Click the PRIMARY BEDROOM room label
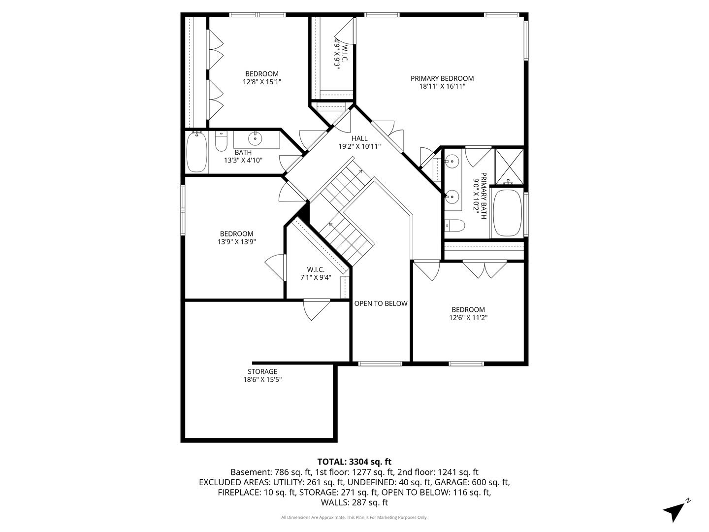click(442, 78)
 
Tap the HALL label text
click(359, 138)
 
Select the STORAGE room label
click(262, 371)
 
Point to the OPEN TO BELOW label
click(381, 303)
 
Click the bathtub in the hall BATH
click(196, 152)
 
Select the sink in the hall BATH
click(255, 137)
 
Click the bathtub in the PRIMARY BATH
click(507, 213)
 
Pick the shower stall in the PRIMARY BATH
click(509, 166)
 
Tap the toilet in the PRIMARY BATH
click(455, 226)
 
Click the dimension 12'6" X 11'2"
click(468, 318)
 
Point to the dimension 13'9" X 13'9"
click(236, 242)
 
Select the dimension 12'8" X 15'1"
click(262, 82)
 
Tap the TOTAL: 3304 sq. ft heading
click(354, 462)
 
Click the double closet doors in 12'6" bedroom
click(484, 269)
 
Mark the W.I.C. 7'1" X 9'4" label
click(316, 273)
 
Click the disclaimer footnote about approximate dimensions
click(354, 517)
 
